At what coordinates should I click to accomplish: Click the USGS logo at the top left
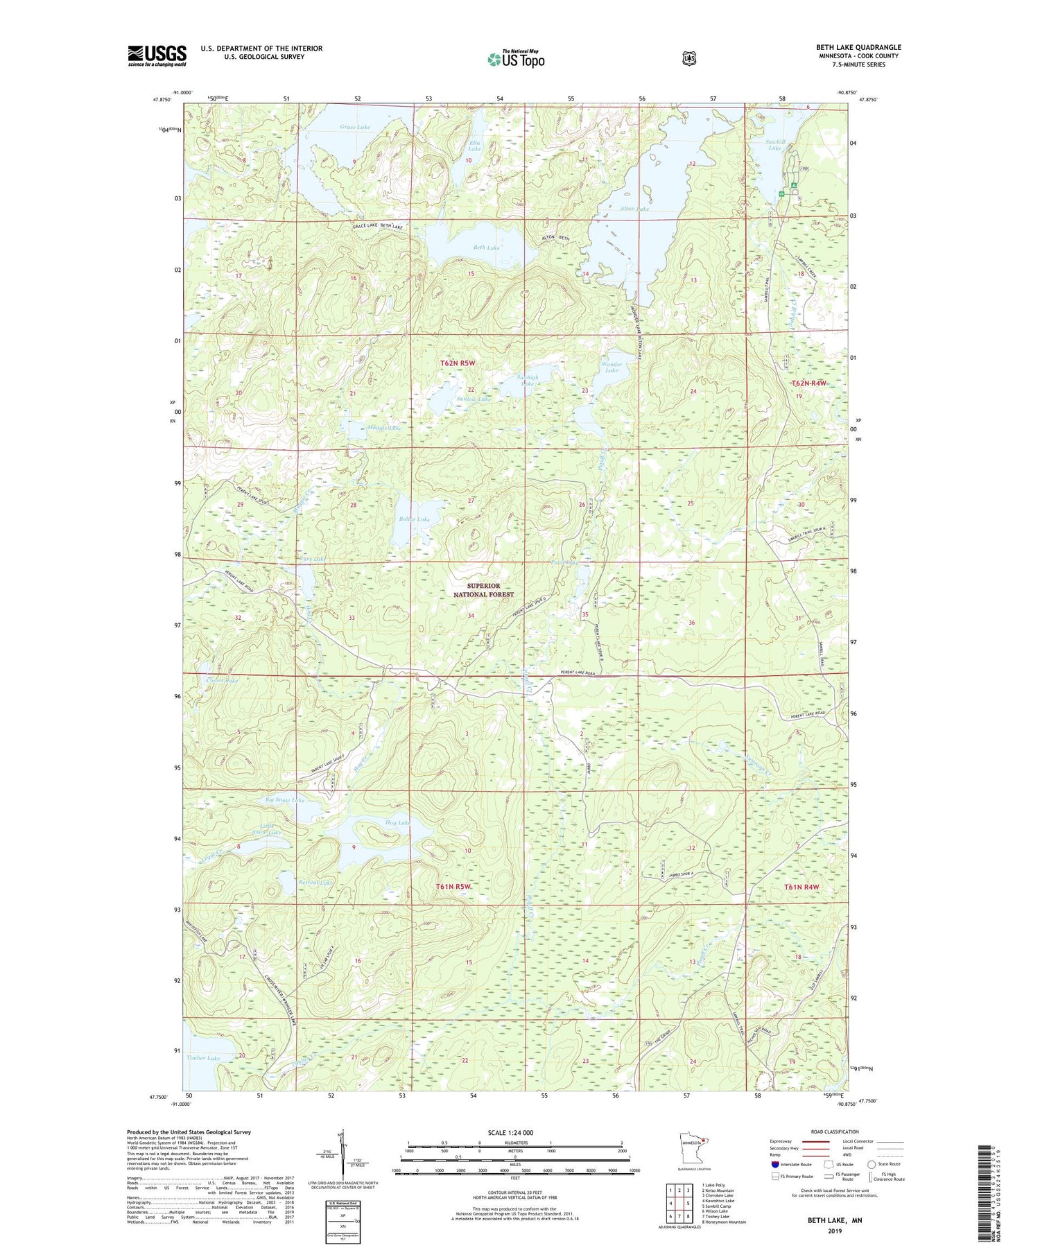(157, 55)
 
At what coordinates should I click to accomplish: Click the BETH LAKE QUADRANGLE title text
(858, 47)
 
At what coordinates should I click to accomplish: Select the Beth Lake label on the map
(487, 248)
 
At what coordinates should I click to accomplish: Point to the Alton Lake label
(634, 209)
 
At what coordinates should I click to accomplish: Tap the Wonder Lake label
(612, 367)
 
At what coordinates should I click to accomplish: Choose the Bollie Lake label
(414, 519)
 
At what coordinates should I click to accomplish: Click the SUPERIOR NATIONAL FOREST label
(484, 590)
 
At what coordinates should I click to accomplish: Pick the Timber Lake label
(203, 1058)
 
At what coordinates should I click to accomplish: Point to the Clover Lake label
(222, 681)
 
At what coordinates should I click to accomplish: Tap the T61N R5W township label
(454, 887)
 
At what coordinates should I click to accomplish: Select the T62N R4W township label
(809, 383)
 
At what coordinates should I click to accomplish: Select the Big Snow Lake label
(285, 800)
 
